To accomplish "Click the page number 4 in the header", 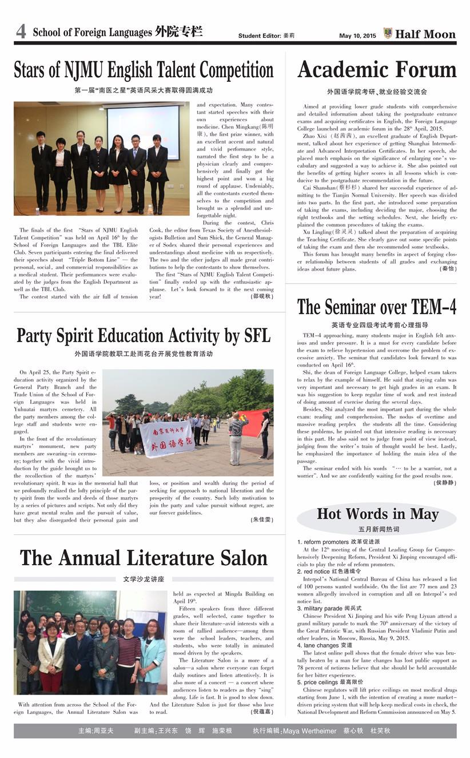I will coord(21,32).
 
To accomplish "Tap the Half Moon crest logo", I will coord(388,33).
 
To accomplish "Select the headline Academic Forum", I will coord(377,70).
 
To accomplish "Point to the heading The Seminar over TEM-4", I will coord(377,307).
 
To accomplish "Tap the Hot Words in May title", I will coord(377,513).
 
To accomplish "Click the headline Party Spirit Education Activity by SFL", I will coord(143,335).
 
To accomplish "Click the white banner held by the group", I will coord(167,439).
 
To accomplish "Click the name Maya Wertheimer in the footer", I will coord(309,731).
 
